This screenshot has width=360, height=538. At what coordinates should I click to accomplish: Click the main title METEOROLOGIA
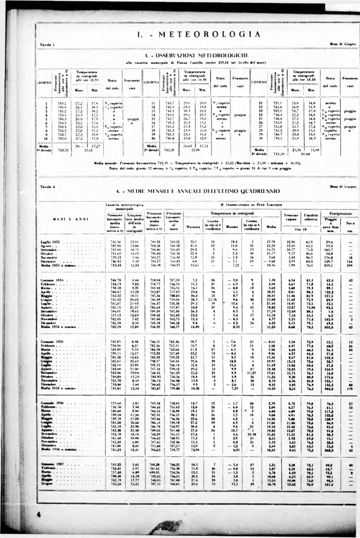click(x=198, y=34)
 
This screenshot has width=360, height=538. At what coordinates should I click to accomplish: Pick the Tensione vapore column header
click(x=291, y=217)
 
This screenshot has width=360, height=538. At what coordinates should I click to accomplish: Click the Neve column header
click(x=350, y=223)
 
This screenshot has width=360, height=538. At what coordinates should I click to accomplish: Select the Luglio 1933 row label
click(x=50, y=242)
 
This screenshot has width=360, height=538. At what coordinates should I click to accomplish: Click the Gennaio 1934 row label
click(x=51, y=280)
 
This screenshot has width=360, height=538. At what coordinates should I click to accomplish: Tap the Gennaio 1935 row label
click(x=51, y=342)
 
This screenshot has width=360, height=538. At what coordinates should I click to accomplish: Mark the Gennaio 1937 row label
click(x=52, y=464)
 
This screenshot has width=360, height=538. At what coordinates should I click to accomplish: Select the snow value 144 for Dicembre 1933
click(x=350, y=261)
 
